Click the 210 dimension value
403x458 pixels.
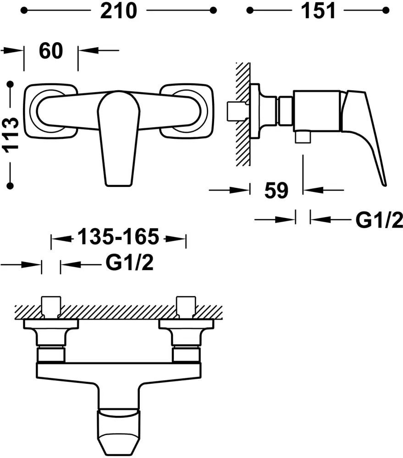click(118, 11)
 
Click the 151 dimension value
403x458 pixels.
click(318, 11)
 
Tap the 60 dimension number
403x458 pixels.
click(51, 50)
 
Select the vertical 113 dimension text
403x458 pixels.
click(11, 135)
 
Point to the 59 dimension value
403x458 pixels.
click(276, 191)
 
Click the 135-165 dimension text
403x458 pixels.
click(118, 236)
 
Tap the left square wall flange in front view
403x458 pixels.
click(50, 111)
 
